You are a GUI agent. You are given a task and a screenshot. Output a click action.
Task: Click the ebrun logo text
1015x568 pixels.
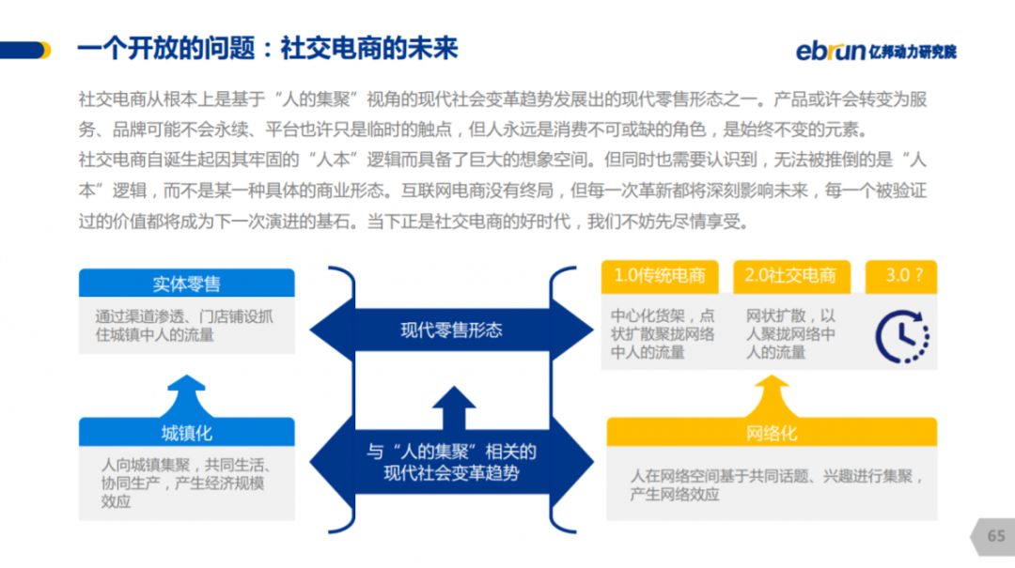tap(831, 51)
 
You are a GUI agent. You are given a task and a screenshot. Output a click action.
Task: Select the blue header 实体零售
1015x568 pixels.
tap(186, 284)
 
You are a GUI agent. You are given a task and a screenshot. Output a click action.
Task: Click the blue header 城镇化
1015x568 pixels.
tap(186, 432)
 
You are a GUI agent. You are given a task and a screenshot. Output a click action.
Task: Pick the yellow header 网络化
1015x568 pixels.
tap(771, 432)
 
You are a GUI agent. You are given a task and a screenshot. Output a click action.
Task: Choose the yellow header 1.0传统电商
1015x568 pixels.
tap(660, 275)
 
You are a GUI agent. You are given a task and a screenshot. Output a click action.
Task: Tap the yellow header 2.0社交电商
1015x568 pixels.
tap(790, 275)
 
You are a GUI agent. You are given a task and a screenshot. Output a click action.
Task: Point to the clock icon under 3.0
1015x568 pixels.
tap(901, 335)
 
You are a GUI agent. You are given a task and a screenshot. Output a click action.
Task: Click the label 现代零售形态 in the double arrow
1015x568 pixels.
tap(451, 330)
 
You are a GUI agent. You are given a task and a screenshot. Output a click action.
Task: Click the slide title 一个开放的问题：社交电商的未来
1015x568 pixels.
tap(267, 49)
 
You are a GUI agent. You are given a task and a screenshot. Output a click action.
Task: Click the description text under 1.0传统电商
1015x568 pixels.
tap(662, 334)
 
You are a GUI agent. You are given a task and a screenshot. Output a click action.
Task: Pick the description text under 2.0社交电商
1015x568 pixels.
tap(790, 334)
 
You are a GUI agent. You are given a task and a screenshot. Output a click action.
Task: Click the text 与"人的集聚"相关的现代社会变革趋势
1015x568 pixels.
tap(451, 462)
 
